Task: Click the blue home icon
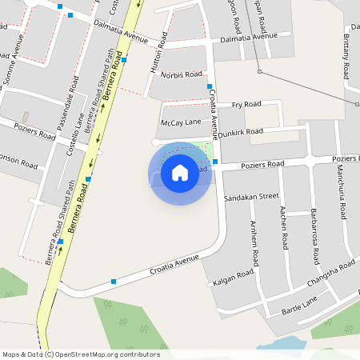180,173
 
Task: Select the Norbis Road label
183,74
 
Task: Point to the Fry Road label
246,105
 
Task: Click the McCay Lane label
181,122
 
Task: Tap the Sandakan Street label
251,196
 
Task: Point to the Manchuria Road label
342,196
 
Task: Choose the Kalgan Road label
234,278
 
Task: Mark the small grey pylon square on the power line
259,71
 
